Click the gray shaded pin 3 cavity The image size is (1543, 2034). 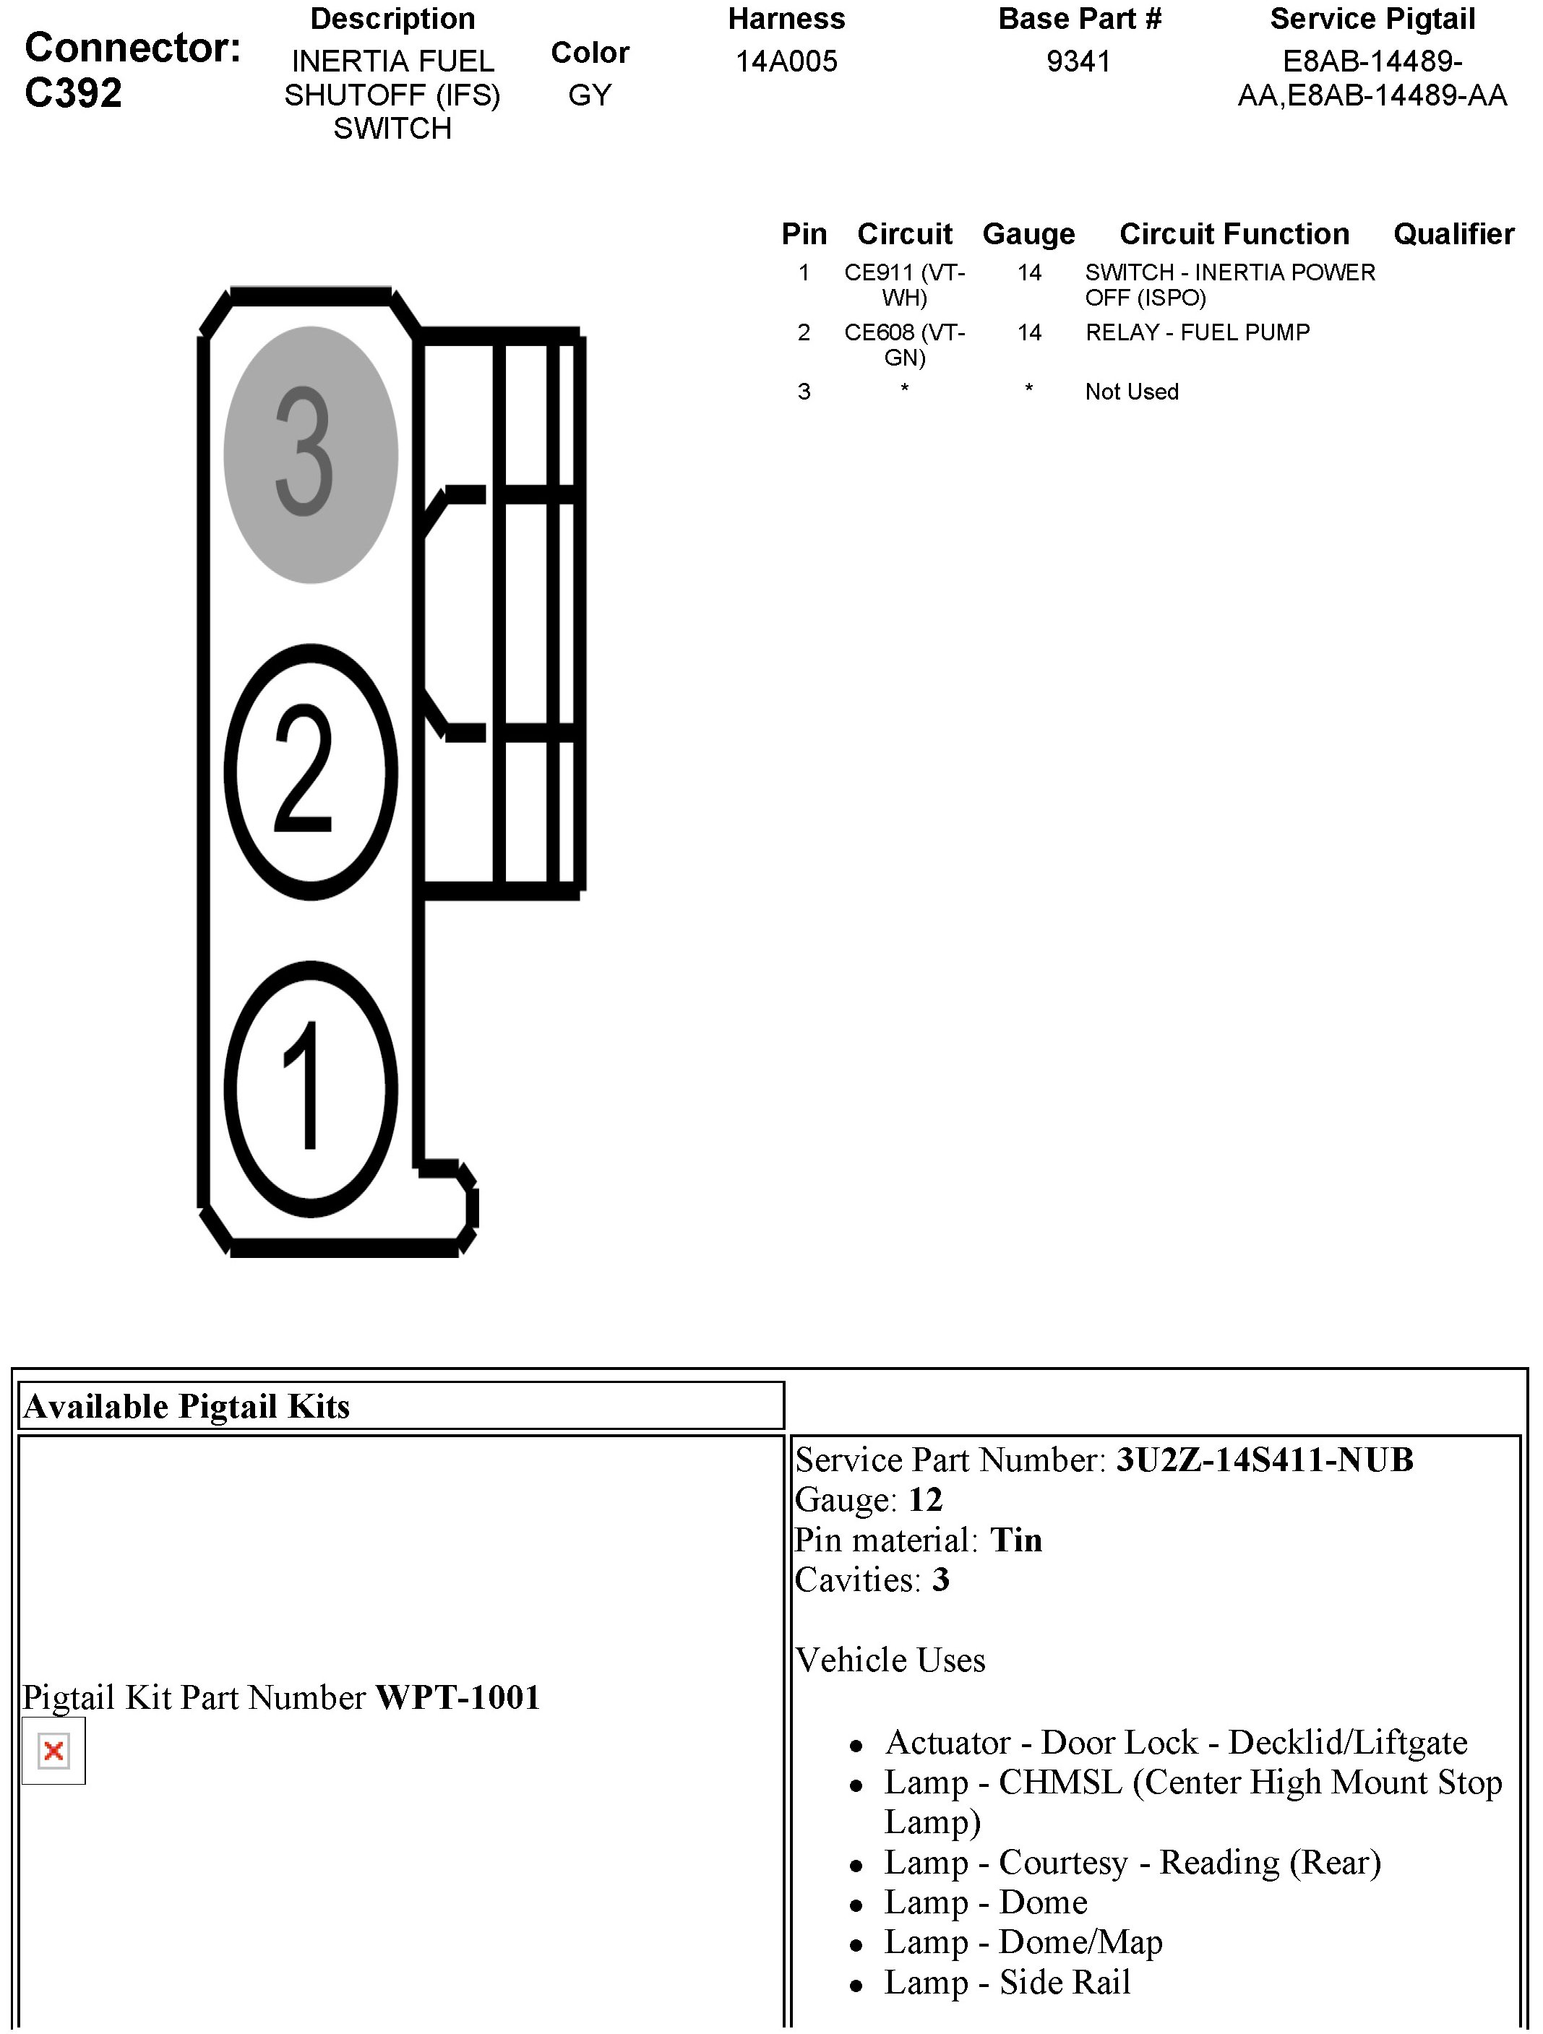[x=311, y=454]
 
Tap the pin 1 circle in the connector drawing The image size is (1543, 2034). [x=311, y=1087]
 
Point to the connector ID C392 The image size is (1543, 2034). [x=74, y=93]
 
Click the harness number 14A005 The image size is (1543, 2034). [x=786, y=61]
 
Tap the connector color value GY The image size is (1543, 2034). [x=590, y=95]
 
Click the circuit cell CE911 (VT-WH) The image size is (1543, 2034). [x=905, y=284]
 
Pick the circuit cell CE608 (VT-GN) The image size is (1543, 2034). [x=905, y=344]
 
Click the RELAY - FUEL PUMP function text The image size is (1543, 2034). [x=1198, y=332]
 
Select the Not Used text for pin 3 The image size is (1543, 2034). [x=1132, y=392]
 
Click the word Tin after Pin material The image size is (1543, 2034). [x=1016, y=1539]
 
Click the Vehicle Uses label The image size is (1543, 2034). [x=890, y=1660]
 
